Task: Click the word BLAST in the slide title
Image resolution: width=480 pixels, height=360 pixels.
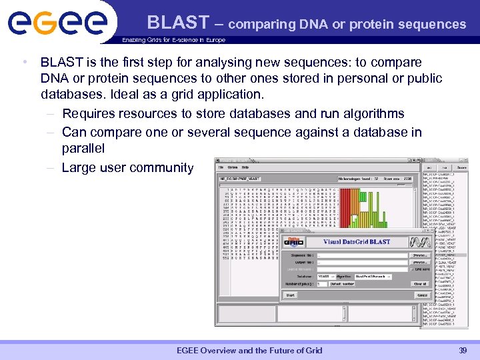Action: point(178,23)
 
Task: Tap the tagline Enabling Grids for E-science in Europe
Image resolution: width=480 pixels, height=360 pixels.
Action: point(173,40)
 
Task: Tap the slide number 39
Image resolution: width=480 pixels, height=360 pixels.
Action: point(463,351)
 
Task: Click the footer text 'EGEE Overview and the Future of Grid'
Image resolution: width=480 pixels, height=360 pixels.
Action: point(249,351)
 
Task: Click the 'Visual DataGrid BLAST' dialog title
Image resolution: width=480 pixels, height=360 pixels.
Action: point(357,242)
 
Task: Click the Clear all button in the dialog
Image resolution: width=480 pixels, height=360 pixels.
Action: point(419,283)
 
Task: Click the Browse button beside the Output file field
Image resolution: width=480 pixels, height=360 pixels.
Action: point(419,262)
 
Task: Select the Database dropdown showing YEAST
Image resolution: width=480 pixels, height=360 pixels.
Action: point(325,276)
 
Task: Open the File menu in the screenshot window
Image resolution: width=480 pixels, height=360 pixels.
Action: point(221,167)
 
